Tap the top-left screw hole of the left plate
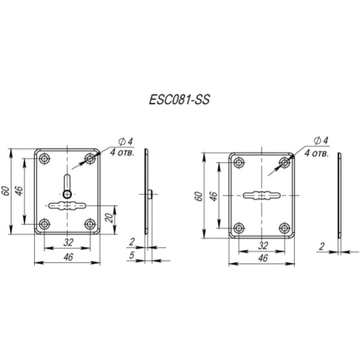[x=45, y=158]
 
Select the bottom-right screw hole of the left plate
[x=90, y=224]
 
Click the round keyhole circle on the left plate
[x=67, y=194]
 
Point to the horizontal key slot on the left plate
[x=67, y=205]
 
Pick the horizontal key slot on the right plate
[x=261, y=195]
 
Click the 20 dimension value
[x=109, y=218]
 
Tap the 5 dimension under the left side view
[x=131, y=255]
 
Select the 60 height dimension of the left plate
[x=6, y=191]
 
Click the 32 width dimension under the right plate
[x=263, y=246]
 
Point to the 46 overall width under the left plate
[x=68, y=256]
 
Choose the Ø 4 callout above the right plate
[x=321, y=140]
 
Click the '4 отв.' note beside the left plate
[x=121, y=153]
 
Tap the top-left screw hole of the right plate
[x=239, y=162]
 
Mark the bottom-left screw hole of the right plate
[x=239, y=228]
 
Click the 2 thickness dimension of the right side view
[x=322, y=246]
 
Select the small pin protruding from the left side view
[x=150, y=194]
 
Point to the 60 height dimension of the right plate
[x=200, y=196]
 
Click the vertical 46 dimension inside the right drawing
[x=214, y=196]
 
